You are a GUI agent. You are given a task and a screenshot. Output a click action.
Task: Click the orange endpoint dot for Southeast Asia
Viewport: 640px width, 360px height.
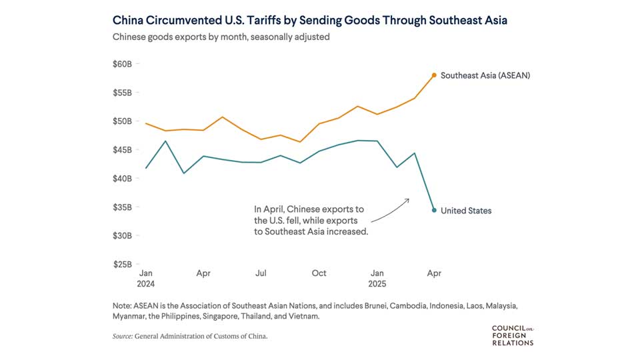tap(434, 75)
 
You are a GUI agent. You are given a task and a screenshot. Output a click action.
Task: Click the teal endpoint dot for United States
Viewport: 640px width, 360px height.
tap(434, 210)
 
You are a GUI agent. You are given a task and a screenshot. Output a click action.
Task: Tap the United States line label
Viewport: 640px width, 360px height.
tap(466, 211)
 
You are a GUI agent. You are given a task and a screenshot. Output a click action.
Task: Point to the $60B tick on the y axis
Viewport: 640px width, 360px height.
tap(123, 64)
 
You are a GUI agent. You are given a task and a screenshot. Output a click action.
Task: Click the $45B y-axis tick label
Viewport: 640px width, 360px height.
tap(123, 150)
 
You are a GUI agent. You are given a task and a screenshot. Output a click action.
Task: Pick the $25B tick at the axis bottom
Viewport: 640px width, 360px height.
tap(123, 265)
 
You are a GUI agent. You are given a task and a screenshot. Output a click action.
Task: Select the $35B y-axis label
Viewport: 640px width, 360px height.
tap(123, 207)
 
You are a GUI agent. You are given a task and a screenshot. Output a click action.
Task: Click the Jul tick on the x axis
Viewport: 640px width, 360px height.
tap(261, 273)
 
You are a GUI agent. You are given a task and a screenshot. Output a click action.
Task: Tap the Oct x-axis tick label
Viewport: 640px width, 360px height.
tap(319, 273)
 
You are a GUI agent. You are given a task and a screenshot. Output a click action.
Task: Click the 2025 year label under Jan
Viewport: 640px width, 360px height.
tap(377, 283)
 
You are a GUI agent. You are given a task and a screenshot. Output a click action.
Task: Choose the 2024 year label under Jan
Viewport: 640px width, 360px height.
tap(146, 283)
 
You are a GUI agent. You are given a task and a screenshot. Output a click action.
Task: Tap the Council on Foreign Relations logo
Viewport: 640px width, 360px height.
tap(512, 335)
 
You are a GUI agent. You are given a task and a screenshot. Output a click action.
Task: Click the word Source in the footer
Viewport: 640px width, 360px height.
tap(122, 337)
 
